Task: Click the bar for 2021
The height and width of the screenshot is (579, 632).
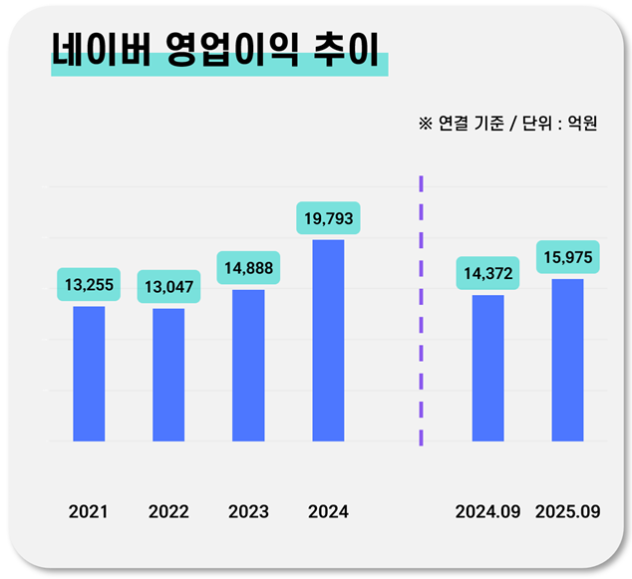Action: point(89,374)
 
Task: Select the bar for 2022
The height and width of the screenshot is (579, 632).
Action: point(168,375)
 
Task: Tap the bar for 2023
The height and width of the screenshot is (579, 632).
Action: point(248,366)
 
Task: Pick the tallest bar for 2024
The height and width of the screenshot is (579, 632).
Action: point(328,340)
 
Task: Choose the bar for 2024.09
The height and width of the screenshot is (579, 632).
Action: point(487,368)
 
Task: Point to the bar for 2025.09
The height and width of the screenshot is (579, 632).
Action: point(567,360)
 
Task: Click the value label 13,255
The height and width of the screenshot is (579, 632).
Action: point(89,285)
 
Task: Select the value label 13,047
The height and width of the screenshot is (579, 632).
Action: point(168,287)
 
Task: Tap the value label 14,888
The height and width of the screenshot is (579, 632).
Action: point(248,267)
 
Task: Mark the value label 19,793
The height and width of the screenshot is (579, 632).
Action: point(328,217)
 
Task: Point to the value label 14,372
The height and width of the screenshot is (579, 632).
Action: point(487,273)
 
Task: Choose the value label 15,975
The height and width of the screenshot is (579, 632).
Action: point(567,257)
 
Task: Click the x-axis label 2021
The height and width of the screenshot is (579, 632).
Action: point(89,512)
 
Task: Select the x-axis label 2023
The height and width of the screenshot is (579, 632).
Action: point(248,512)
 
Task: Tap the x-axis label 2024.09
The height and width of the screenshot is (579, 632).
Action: point(487,512)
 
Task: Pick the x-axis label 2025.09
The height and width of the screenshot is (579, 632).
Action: point(567,512)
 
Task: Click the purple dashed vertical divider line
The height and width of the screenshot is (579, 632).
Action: point(421,309)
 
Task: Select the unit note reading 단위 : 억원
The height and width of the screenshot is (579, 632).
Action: point(562,125)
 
